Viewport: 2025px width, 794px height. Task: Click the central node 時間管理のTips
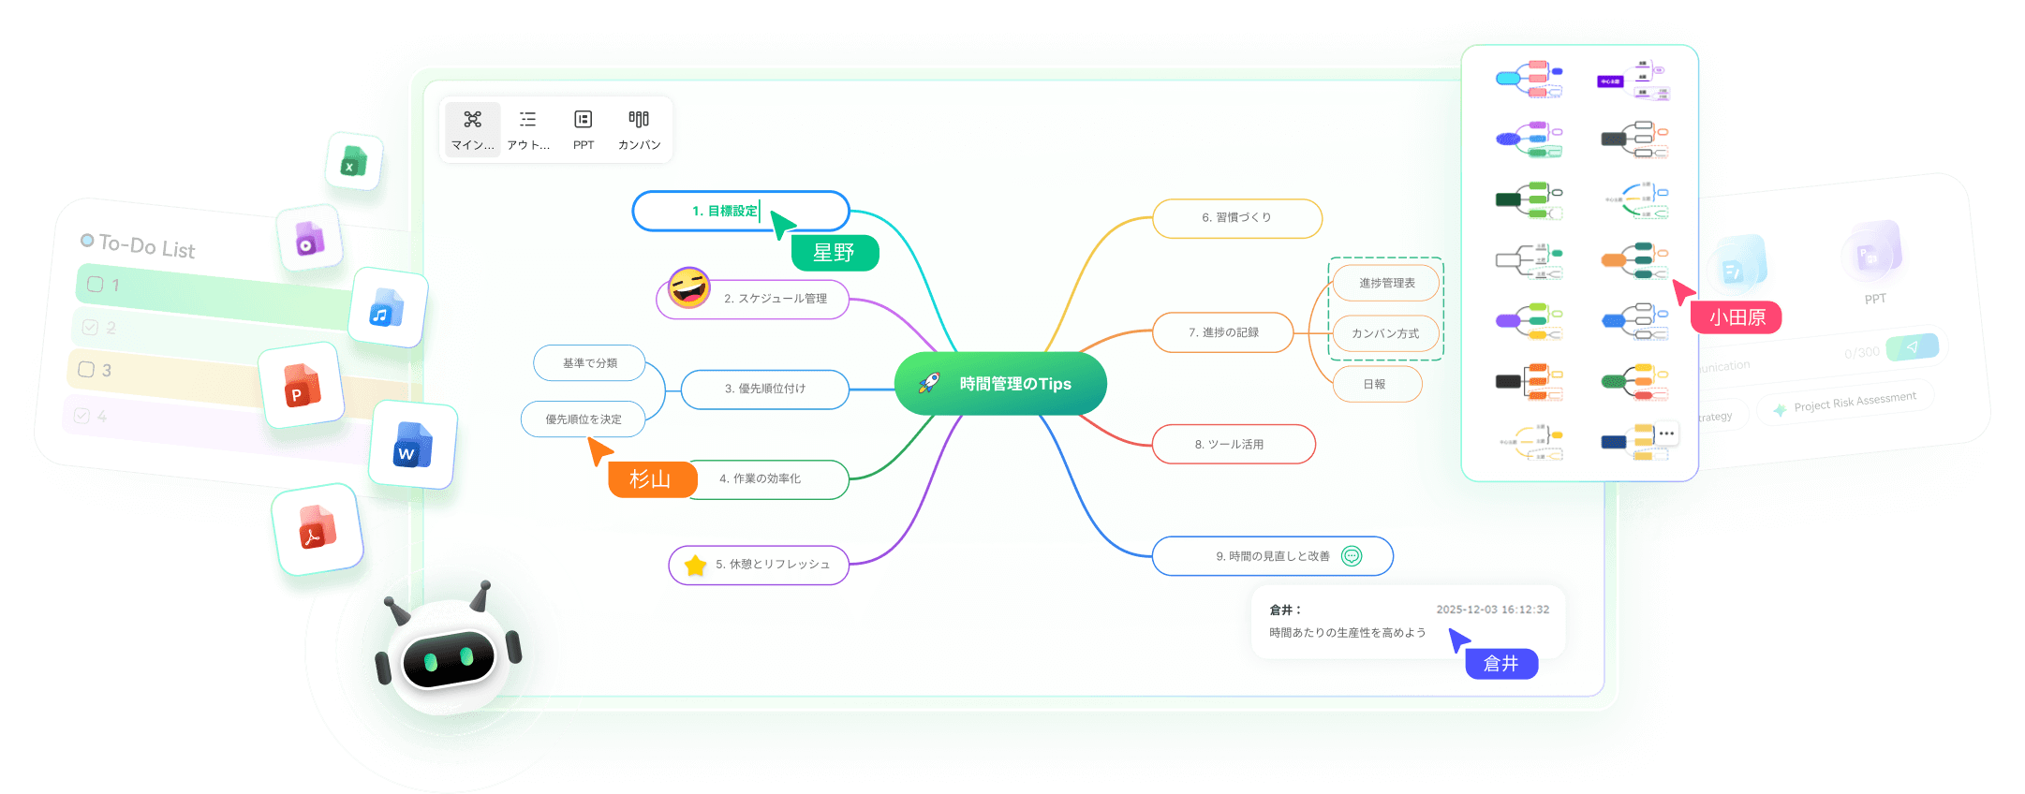click(x=1000, y=384)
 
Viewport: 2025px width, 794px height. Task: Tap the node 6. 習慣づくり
click(x=1236, y=218)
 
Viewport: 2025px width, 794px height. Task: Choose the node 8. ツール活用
click(x=1233, y=445)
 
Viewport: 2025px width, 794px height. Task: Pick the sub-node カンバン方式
click(x=1385, y=333)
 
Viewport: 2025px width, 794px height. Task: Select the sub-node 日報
click(x=1375, y=384)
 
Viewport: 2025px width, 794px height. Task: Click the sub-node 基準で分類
click(x=589, y=363)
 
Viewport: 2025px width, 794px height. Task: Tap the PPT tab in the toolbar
click(x=584, y=130)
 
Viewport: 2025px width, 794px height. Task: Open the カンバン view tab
click(x=639, y=130)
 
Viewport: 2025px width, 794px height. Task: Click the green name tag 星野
click(x=834, y=253)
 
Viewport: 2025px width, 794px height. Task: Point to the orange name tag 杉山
click(x=651, y=479)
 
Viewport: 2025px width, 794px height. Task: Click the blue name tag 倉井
click(x=1500, y=664)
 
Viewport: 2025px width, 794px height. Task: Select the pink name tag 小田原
click(x=1737, y=317)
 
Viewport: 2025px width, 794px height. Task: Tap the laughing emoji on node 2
click(x=689, y=288)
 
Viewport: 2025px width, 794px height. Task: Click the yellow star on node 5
click(x=695, y=566)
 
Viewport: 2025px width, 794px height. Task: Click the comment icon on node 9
click(x=1352, y=556)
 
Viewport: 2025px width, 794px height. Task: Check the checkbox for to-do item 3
click(x=86, y=369)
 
